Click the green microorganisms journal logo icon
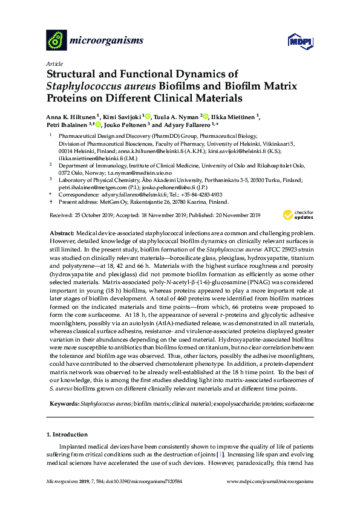[56, 41]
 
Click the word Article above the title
[53, 63]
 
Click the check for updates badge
[297, 215]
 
